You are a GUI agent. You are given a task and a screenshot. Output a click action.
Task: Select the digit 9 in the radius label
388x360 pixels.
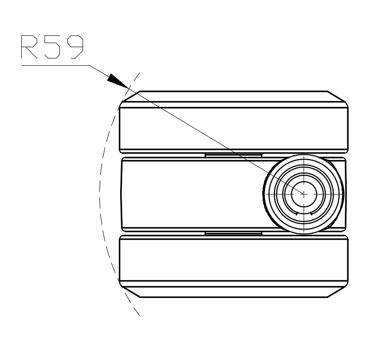click(x=74, y=47)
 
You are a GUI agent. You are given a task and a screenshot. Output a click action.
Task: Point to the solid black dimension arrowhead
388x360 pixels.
click(x=118, y=81)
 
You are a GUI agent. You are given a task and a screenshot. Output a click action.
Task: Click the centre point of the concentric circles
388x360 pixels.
click(x=303, y=194)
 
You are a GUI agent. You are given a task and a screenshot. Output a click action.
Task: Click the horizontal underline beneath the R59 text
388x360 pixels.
click(x=54, y=65)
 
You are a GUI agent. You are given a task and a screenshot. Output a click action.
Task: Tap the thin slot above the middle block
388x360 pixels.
click(x=233, y=155)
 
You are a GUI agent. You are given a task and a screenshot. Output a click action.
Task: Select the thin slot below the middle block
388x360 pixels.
click(x=233, y=233)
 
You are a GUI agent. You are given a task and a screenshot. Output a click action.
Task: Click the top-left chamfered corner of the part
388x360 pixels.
click(x=130, y=97)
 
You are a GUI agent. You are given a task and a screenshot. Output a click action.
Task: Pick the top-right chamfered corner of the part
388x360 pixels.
click(x=338, y=97)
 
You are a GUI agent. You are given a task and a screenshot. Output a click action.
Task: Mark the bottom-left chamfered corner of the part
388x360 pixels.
click(x=130, y=292)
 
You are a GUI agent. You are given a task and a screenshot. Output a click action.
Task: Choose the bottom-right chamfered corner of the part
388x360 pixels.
click(x=338, y=292)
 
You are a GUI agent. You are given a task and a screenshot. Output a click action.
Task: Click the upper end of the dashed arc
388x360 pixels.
click(x=138, y=73)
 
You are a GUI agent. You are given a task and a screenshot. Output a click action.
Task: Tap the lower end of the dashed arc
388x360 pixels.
click(x=138, y=315)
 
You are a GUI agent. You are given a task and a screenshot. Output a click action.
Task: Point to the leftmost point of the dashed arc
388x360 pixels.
click(x=99, y=194)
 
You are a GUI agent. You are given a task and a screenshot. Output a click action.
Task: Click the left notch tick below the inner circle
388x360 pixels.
click(x=295, y=213)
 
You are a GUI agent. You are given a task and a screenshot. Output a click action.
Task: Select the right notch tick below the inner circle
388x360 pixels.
click(x=311, y=213)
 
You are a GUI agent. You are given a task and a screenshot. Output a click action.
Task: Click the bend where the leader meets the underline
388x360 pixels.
click(x=90, y=65)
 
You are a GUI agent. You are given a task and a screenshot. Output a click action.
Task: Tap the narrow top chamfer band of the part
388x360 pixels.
click(x=233, y=97)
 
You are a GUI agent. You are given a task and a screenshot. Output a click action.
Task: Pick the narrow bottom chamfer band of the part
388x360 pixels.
click(x=233, y=292)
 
